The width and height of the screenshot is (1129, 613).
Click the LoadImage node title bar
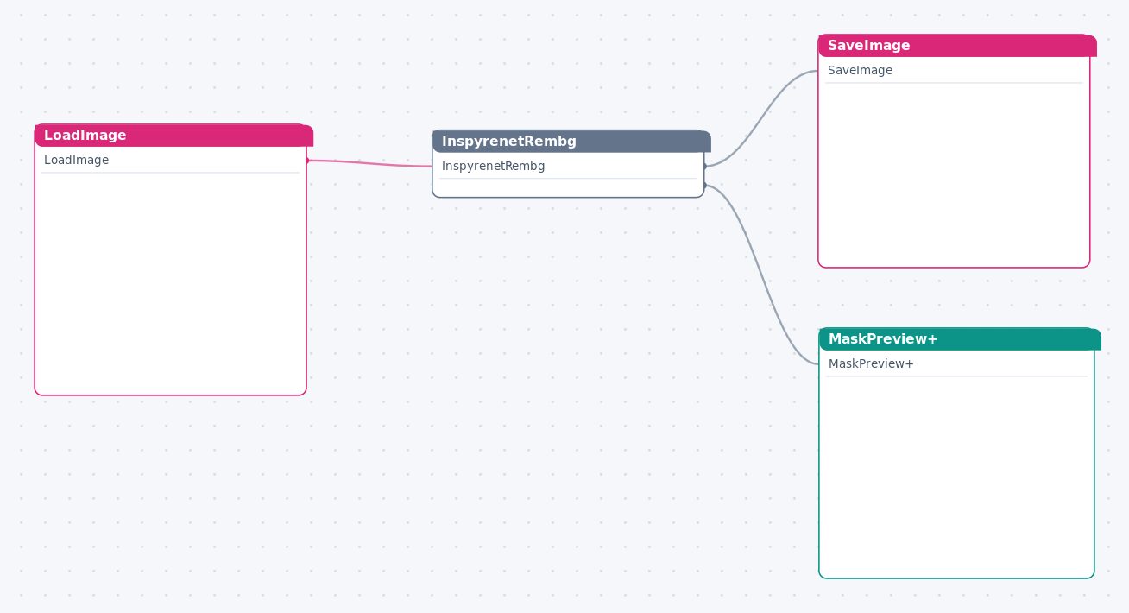(173, 135)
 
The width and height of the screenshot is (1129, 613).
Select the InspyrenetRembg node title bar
(571, 141)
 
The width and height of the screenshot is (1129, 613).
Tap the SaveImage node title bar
(957, 46)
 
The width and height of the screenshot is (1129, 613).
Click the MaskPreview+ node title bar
(960, 338)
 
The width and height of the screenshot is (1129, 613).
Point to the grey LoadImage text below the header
(77, 160)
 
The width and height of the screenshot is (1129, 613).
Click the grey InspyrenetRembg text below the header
(493, 166)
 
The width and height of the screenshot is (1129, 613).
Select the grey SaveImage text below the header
(860, 70)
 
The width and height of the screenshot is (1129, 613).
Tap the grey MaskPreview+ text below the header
(871, 363)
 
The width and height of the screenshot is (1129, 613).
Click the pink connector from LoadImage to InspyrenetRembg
(369, 163)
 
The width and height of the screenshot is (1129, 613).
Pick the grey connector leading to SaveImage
(761, 119)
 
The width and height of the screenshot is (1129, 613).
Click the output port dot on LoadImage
(307, 161)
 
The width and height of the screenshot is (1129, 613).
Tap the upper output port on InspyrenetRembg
(704, 166)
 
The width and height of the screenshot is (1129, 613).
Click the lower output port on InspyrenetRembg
(704, 186)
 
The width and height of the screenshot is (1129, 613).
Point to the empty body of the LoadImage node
(170, 283)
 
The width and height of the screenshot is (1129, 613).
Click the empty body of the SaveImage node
(954, 174)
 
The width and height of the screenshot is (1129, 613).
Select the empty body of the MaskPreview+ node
(956, 477)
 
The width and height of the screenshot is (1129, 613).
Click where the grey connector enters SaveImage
(818, 71)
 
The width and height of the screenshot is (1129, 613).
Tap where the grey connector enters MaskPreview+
(819, 364)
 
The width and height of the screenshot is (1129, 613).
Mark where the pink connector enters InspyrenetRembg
(432, 167)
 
